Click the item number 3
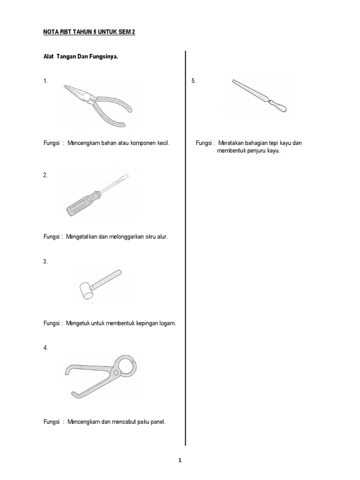click(45, 262)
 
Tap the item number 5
click(194, 81)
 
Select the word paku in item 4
click(139, 422)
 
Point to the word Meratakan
click(232, 143)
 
